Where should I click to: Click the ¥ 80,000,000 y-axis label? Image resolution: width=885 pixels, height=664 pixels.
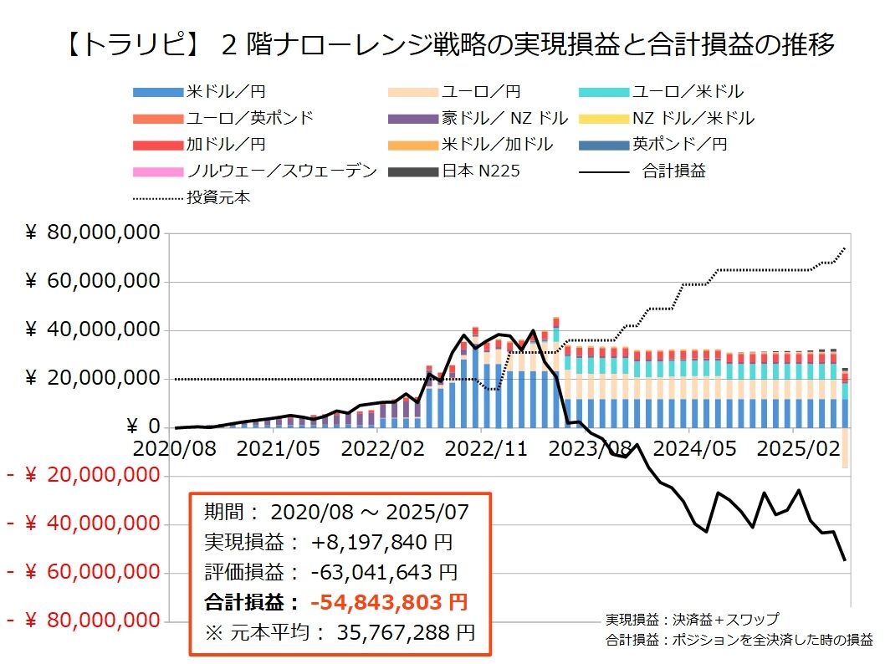pos(91,232)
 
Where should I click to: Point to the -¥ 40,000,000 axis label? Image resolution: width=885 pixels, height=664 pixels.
pos(84,524)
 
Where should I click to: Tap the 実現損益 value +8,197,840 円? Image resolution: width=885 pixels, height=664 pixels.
pos(381,542)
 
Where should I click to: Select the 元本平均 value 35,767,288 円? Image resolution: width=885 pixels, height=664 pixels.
pos(406,632)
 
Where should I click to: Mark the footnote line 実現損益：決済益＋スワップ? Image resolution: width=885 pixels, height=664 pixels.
pos(693,620)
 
